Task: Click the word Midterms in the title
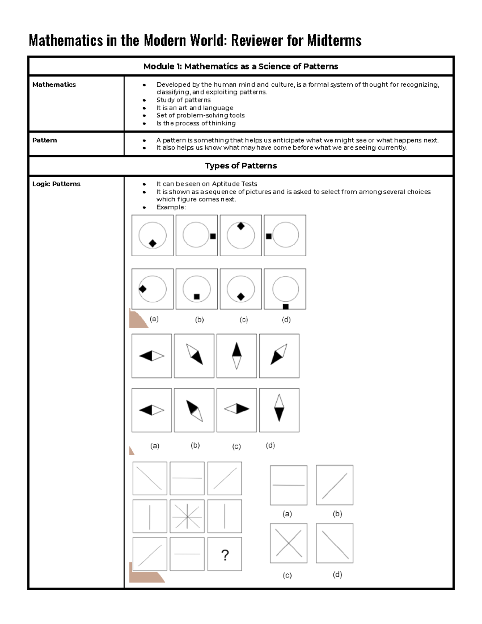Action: coord(334,41)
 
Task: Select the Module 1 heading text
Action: coord(241,66)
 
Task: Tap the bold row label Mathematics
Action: coord(54,84)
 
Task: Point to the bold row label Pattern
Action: coord(45,140)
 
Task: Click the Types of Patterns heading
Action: coord(241,166)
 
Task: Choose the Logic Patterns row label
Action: coord(56,184)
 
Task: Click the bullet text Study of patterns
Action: coord(183,100)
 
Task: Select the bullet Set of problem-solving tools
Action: coord(200,115)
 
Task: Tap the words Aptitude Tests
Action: coord(234,184)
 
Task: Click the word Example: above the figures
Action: coord(171,207)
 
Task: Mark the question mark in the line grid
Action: coord(225,555)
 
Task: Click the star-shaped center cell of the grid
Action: coord(187,516)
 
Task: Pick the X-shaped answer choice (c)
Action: coord(288,543)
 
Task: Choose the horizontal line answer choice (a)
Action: coord(288,485)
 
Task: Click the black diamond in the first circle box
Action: coord(153,243)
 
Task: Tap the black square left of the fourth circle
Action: coord(269,236)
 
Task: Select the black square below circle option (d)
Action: coord(286,307)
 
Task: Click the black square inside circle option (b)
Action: coord(197,297)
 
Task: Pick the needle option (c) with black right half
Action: coord(237,409)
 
